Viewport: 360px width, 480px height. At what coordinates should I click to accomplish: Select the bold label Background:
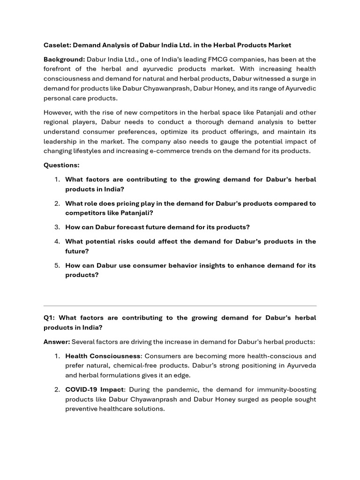coord(64,59)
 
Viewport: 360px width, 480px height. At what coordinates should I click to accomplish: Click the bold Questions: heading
coord(61,165)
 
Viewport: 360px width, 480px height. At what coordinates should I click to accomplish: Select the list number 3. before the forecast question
coord(57,227)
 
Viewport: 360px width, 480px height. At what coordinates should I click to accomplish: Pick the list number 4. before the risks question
coord(57,241)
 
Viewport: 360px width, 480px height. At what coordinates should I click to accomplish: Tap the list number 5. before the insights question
coord(57,265)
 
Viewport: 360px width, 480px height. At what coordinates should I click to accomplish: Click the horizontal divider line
coord(180,306)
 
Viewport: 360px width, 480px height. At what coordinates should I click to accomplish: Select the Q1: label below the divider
coord(50,318)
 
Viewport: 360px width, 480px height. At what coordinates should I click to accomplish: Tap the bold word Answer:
coord(57,342)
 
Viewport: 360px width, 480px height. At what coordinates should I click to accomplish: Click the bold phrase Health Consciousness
coord(103,356)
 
